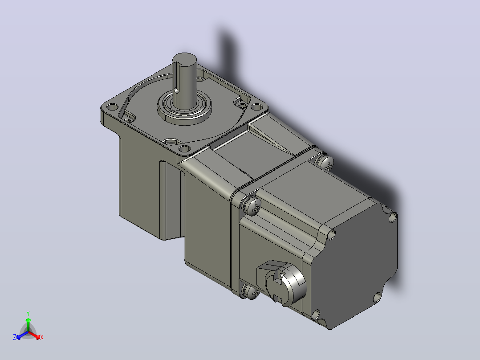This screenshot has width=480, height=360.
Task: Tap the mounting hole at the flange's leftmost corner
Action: coord(112,107)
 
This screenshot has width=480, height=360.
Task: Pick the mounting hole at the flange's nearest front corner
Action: coord(184,149)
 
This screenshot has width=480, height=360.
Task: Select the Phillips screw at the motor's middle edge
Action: coord(252,206)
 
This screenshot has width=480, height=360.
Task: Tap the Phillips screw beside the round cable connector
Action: coord(250,291)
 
